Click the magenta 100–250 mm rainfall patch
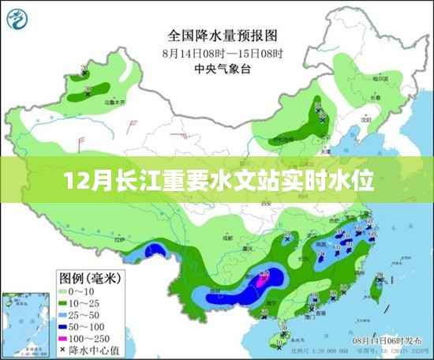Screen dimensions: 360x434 point(264,277)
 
